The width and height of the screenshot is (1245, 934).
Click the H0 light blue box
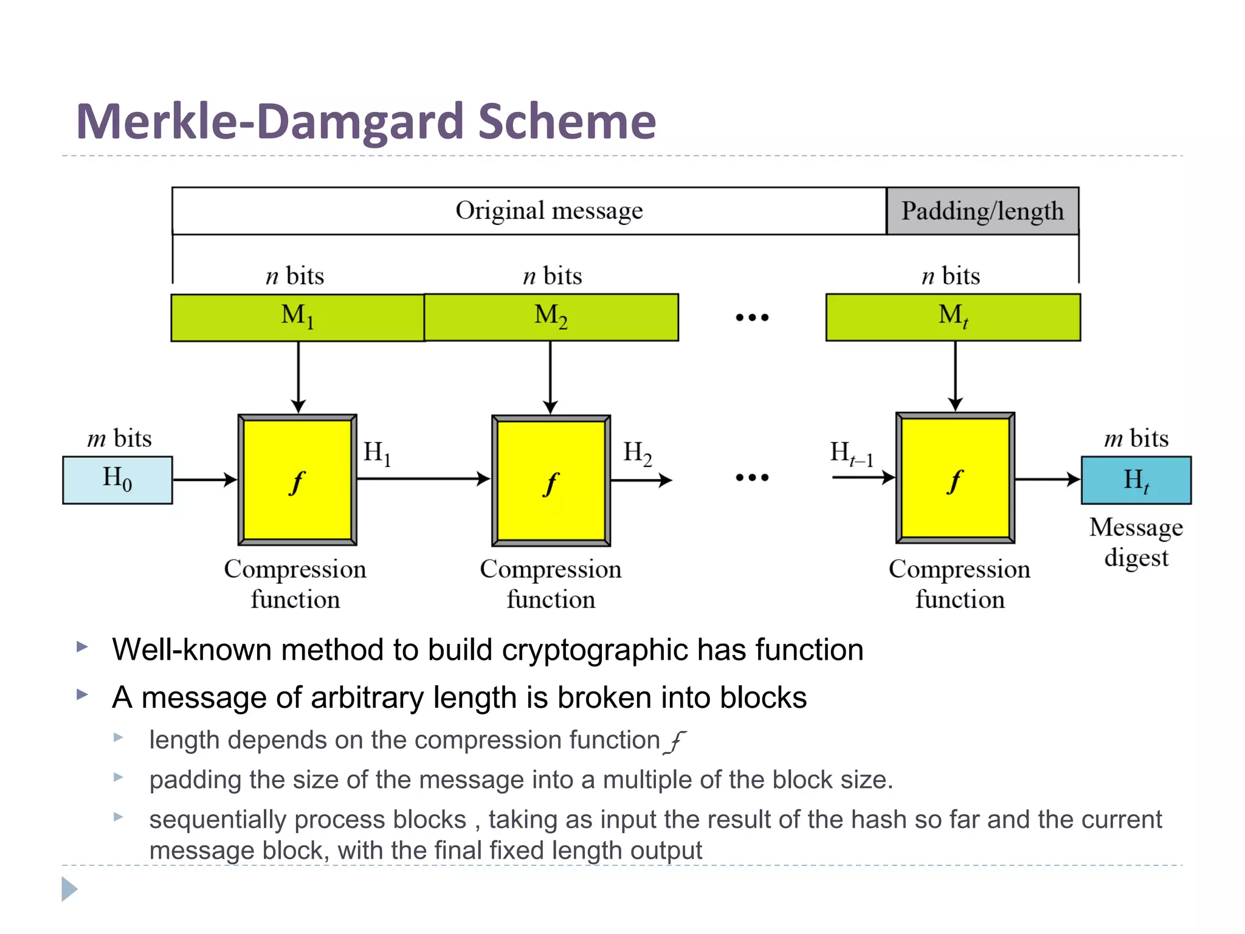[117, 480]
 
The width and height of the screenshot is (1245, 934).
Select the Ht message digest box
[1136, 480]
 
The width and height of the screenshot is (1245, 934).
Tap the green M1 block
[297, 317]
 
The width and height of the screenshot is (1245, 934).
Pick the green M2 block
[551, 317]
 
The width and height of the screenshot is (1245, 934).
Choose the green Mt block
[953, 317]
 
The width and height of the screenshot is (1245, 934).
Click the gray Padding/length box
[982, 211]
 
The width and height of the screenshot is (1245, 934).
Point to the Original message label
[549, 211]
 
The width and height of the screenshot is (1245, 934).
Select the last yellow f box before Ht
[955, 479]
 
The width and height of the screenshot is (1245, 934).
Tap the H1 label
[377, 454]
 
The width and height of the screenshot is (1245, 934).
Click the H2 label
[638, 454]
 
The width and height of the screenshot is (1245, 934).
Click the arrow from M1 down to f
[298, 377]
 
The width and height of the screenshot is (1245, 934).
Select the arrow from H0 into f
[204, 480]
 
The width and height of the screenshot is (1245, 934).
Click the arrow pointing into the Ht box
[1047, 479]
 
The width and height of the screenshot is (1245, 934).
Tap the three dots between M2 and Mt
[752, 317]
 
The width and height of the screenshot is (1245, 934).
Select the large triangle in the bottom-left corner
[69, 889]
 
